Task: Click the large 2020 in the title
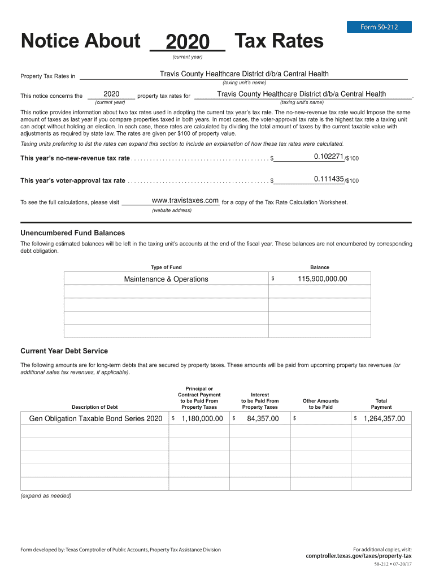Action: (x=188, y=41)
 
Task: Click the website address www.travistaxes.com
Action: (x=185, y=201)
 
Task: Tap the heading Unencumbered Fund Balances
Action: (x=73, y=233)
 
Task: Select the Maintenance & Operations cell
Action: (x=166, y=279)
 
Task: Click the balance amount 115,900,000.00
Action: (x=322, y=279)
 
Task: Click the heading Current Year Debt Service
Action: (x=64, y=351)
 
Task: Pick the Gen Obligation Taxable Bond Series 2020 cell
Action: (x=95, y=418)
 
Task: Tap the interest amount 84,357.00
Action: (x=263, y=418)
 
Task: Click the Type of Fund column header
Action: (x=166, y=267)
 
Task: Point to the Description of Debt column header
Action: (x=95, y=407)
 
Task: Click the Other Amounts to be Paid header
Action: (x=320, y=404)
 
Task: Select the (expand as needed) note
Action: (x=46, y=495)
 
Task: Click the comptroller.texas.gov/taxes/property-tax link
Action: (x=359, y=556)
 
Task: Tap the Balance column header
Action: (x=319, y=267)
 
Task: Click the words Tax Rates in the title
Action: (x=279, y=41)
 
